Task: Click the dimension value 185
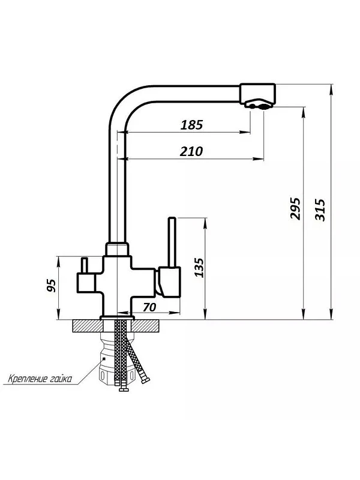coord(191,125)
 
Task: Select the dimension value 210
coord(191,152)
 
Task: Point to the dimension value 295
coord(295,209)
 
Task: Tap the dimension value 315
coord(320,209)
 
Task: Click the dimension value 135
coord(200,268)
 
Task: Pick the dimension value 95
coord(52,286)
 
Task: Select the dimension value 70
coord(149,307)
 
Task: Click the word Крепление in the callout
coord(26,379)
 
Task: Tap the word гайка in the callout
coord(59,379)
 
